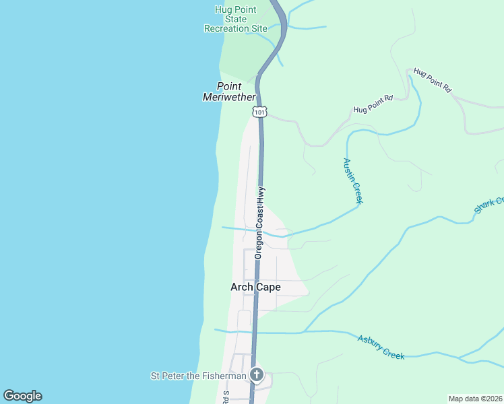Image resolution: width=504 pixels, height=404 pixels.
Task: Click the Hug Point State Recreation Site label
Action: [x=236, y=19]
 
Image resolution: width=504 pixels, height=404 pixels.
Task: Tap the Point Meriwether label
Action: [x=229, y=92]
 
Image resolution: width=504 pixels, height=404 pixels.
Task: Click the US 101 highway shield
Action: [x=261, y=111]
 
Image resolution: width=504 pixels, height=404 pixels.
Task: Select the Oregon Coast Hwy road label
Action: [x=259, y=223]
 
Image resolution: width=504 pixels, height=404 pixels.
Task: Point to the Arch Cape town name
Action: [x=255, y=288]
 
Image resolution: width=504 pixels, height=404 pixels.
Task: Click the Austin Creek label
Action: [x=353, y=180]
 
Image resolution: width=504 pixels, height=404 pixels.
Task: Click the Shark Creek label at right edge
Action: [x=489, y=205]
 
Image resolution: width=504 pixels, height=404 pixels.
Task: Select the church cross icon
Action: [x=256, y=375]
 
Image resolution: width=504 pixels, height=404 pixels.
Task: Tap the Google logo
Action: [x=22, y=396]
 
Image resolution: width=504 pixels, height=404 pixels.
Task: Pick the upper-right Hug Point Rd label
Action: [x=432, y=79]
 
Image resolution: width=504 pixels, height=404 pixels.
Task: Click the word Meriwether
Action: [x=229, y=97]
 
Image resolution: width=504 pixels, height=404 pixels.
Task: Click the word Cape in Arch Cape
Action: [x=268, y=288]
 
